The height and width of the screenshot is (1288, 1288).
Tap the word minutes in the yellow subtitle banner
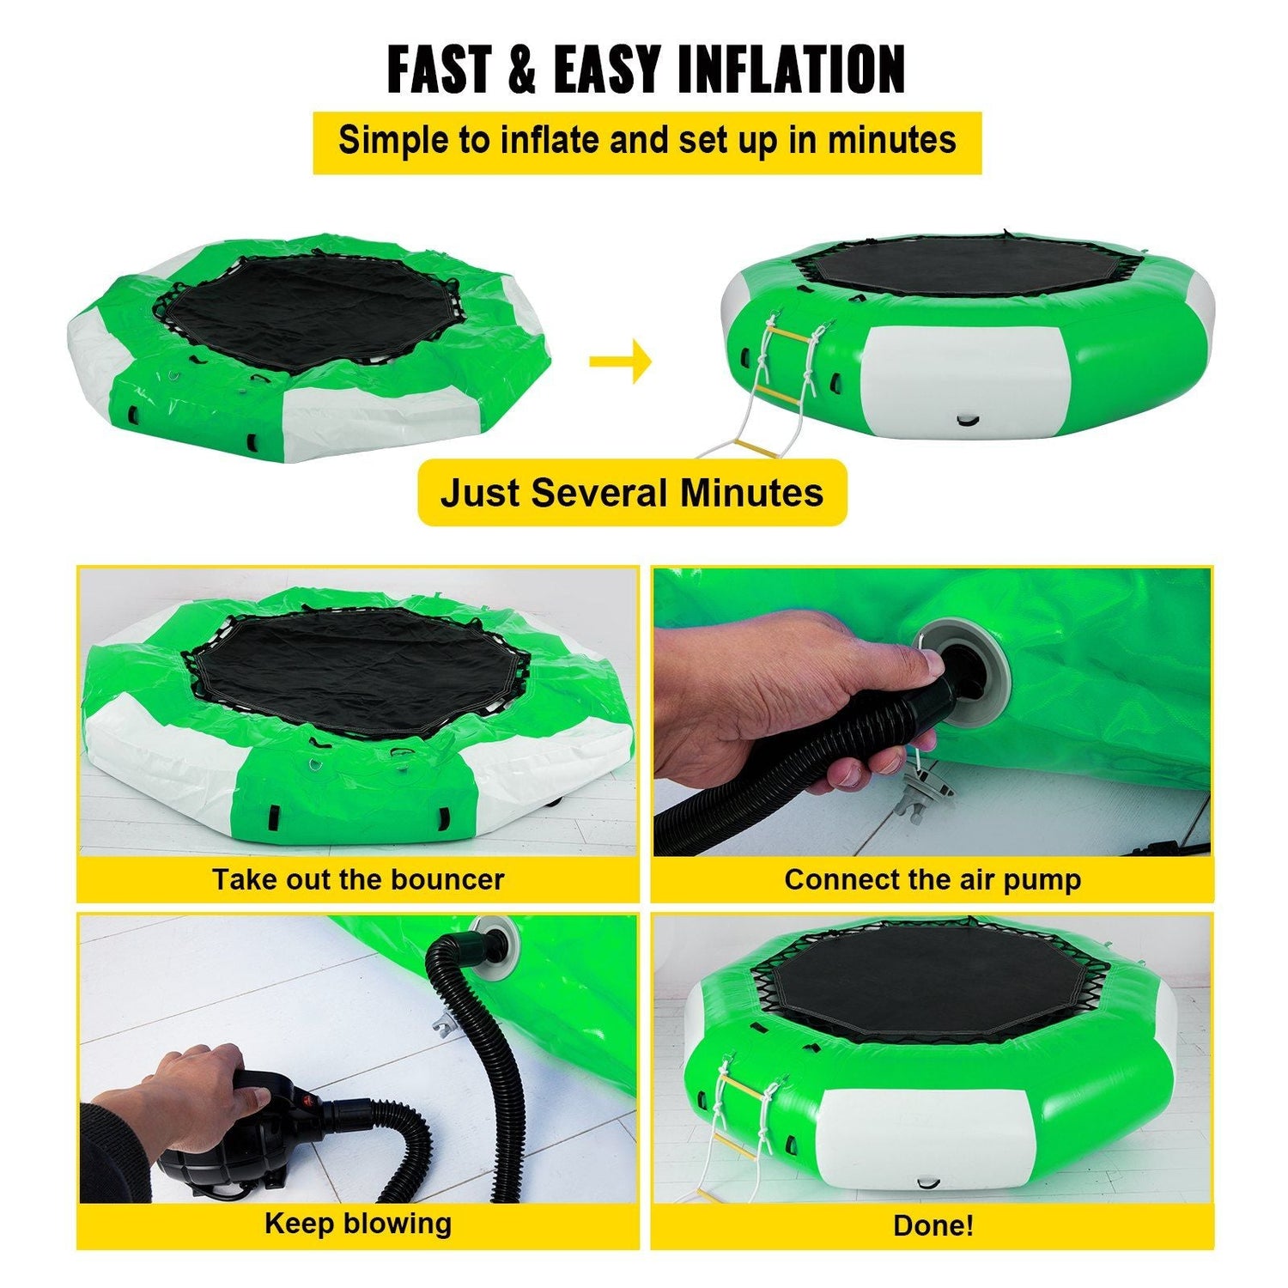click(891, 140)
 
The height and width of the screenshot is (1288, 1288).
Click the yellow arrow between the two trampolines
click(620, 360)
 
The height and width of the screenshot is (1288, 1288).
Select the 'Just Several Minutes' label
click(632, 493)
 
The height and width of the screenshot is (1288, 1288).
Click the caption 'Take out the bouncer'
click(358, 879)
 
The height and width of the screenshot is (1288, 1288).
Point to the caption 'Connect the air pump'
click(933, 879)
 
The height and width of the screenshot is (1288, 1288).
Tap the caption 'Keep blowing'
click(358, 1223)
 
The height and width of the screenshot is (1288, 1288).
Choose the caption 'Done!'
click(933, 1224)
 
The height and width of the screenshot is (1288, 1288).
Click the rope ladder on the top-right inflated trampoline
click(790, 369)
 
